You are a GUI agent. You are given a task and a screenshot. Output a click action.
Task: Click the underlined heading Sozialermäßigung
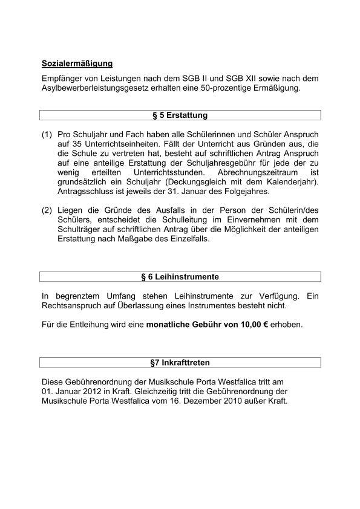(77, 63)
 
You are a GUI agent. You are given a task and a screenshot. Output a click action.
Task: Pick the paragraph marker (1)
(47, 134)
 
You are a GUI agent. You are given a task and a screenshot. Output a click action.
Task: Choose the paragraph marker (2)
(47, 210)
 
